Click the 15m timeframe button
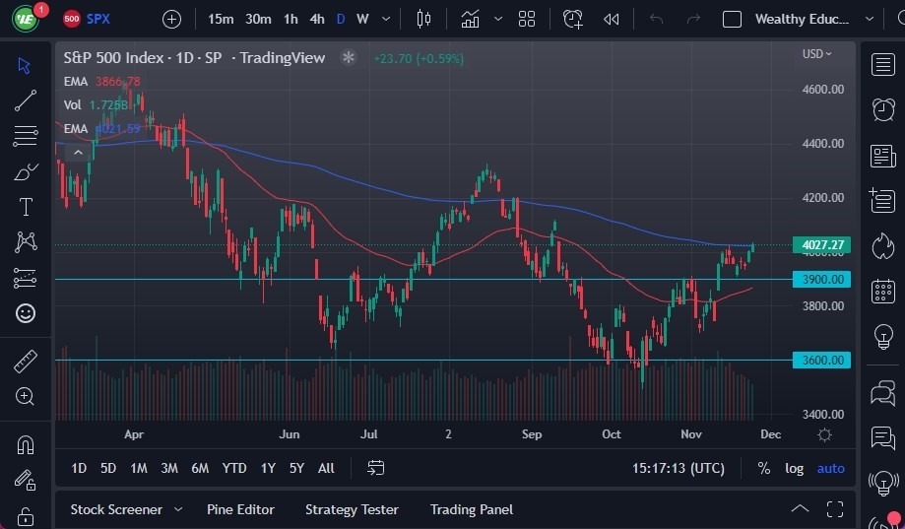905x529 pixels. point(222,19)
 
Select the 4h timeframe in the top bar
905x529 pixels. point(317,19)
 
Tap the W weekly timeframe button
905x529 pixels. point(362,19)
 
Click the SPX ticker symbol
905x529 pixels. point(98,19)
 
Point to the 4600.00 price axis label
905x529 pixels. point(823,89)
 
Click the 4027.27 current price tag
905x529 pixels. point(823,244)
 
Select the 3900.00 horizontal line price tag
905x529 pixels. point(823,280)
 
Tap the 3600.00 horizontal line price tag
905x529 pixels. point(823,361)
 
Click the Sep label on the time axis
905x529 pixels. point(532,433)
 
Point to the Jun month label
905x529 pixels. point(290,433)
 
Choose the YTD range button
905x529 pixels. point(234,468)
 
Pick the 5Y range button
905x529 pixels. point(296,468)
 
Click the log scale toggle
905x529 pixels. point(794,468)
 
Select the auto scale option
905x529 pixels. point(831,468)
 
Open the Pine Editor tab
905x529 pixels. point(240,509)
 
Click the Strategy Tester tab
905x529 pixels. point(352,509)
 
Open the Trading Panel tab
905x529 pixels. point(472,509)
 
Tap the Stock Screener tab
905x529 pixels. point(116,509)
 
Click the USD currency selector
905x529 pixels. point(816,54)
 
